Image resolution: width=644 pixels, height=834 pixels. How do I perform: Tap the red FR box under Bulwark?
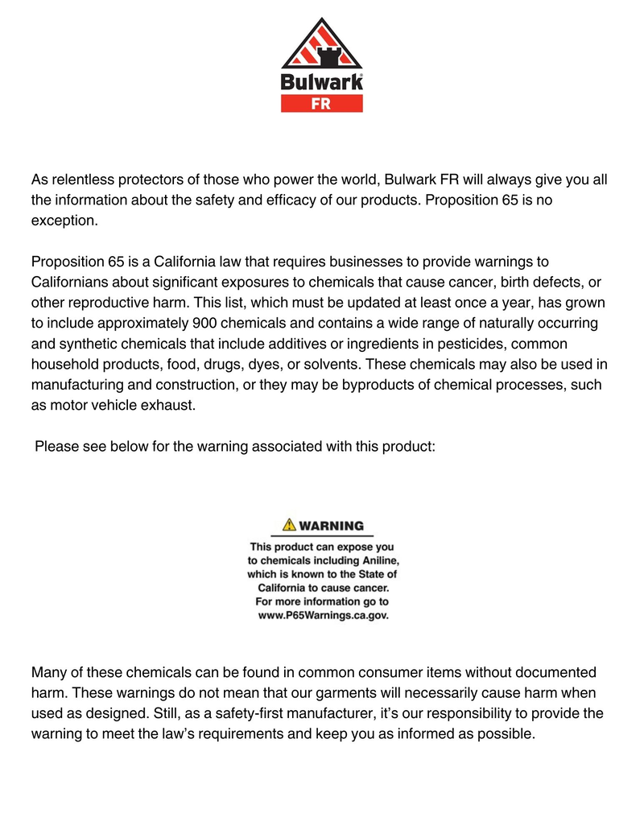point(321,103)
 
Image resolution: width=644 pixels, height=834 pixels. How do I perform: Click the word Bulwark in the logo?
point(321,82)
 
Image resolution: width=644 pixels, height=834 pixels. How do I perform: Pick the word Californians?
point(70,283)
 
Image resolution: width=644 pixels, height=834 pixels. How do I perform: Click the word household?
point(64,365)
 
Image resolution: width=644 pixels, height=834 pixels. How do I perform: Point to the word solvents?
point(332,365)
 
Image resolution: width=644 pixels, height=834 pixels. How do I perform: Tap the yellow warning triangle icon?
point(288,526)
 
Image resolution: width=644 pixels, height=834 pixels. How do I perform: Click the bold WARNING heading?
point(331,526)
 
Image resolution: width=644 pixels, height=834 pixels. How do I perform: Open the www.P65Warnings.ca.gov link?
point(322,615)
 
